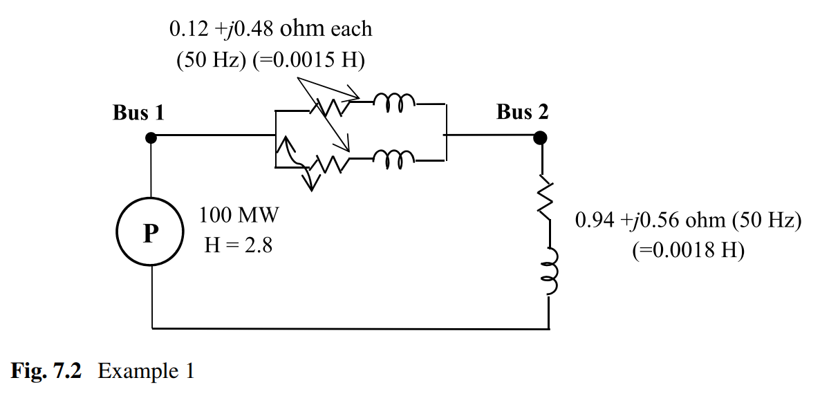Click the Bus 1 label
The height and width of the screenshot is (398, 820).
click(x=138, y=113)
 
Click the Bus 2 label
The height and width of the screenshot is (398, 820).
click(x=522, y=112)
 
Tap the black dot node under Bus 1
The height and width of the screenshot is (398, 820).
click(x=151, y=138)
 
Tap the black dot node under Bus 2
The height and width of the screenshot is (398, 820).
click(x=541, y=138)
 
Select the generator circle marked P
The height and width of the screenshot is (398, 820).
click(x=150, y=234)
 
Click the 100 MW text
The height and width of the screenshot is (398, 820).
click(x=239, y=216)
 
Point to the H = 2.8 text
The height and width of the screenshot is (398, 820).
click(x=239, y=245)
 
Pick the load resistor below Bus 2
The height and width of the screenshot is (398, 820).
click(x=548, y=200)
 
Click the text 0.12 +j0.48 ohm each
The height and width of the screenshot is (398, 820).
click(x=270, y=29)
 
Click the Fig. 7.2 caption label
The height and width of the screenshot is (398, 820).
click(x=46, y=371)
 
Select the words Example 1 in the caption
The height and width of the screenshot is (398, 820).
click(x=146, y=371)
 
